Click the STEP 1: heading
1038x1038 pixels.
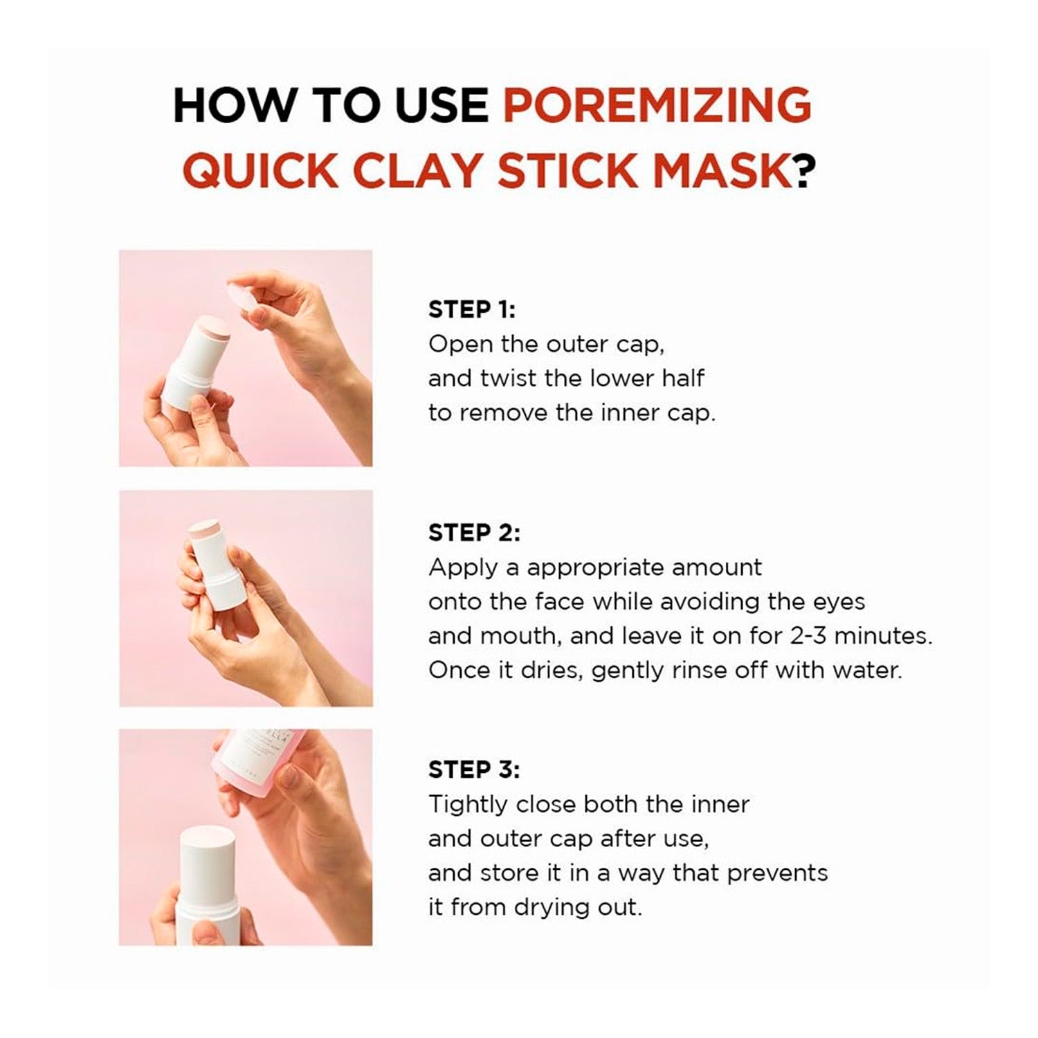click(472, 309)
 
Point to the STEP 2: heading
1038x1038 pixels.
click(474, 533)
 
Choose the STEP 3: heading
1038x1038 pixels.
click(474, 770)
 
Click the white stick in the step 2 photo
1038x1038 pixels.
click(217, 564)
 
